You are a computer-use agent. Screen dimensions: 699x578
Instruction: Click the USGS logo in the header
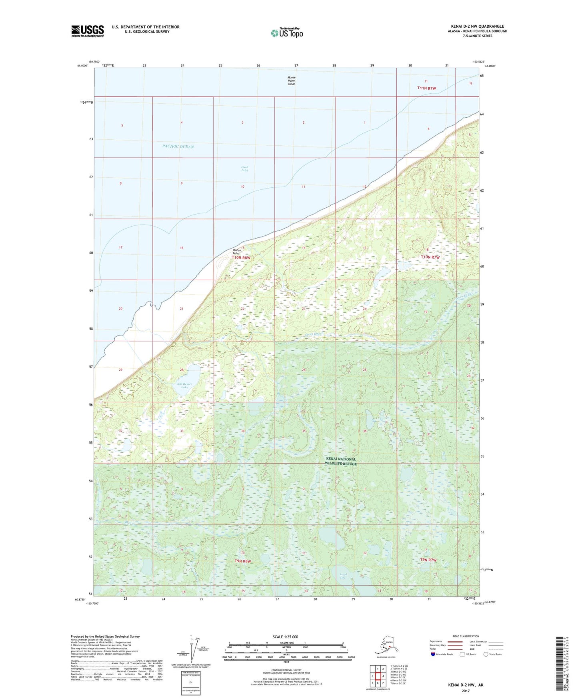pos(87,31)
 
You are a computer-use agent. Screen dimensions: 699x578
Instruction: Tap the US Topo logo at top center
pos(286,32)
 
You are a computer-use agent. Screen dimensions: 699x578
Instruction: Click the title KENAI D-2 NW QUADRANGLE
pos(477,26)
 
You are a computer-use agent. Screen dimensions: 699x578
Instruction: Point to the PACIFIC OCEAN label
pos(178,147)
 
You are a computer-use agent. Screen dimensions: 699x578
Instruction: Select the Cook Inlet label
pos(244,169)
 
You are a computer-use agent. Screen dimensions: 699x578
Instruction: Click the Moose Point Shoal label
pos(291,81)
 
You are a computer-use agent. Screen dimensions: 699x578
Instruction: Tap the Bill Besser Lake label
pos(184,386)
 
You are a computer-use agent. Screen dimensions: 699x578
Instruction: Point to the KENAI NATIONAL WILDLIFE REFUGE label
pos(340,461)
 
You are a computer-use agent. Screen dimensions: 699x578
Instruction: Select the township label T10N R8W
pos(241,258)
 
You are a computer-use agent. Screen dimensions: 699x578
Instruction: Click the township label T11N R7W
pos(426,88)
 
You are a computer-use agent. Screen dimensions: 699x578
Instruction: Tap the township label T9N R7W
pos(428,560)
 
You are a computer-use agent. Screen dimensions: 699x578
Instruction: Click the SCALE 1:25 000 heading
pos(285,637)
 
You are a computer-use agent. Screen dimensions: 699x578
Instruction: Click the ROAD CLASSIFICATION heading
pos(466,636)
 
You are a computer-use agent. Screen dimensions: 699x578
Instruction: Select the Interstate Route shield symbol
pos(433,654)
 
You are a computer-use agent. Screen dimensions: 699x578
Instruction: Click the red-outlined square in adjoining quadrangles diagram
pos(377,676)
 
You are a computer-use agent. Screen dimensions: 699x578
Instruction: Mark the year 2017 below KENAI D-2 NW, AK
pos(466,691)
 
